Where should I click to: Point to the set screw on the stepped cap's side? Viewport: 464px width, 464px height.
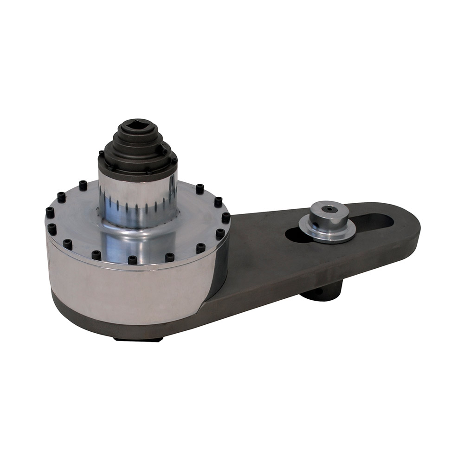pyautogui.click(x=165, y=149)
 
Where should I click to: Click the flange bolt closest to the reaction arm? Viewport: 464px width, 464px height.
pyautogui.click(x=226, y=217)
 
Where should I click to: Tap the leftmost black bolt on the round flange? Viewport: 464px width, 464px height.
pyautogui.click(x=50, y=213)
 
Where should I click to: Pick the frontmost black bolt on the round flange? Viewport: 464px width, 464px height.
pyautogui.click(x=133, y=259)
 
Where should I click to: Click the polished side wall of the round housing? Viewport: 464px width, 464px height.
pyautogui.click(x=130, y=292)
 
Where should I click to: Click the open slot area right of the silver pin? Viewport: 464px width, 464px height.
pyautogui.click(x=376, y=222)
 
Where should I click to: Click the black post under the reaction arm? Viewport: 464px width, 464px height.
pyautogui.click(x=320, y=292)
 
